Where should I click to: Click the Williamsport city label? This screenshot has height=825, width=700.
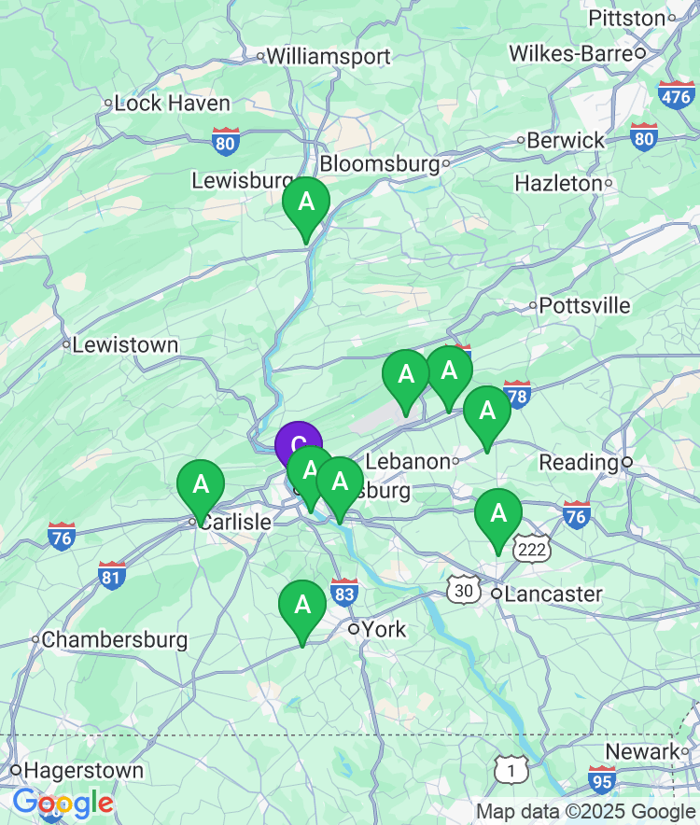(x=328, y=57)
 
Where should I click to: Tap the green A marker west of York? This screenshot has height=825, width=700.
(x=302, y=606)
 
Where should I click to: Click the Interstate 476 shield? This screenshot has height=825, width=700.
(x=676, y=94)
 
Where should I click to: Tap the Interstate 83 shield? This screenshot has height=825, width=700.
(x=344, y=592)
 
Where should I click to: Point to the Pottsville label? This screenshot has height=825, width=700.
(x=584, y=306)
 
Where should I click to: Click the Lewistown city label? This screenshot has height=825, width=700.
(x=125, y=345)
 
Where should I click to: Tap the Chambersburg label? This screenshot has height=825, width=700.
(x=114, y=640)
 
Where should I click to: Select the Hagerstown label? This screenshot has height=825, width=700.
(x=84, y=771)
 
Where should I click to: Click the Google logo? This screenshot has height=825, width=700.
(x=63, y=803)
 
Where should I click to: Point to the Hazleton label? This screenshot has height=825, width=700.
(x=558, y=184)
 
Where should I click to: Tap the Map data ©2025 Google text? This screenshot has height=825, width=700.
(x=586, y=812)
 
